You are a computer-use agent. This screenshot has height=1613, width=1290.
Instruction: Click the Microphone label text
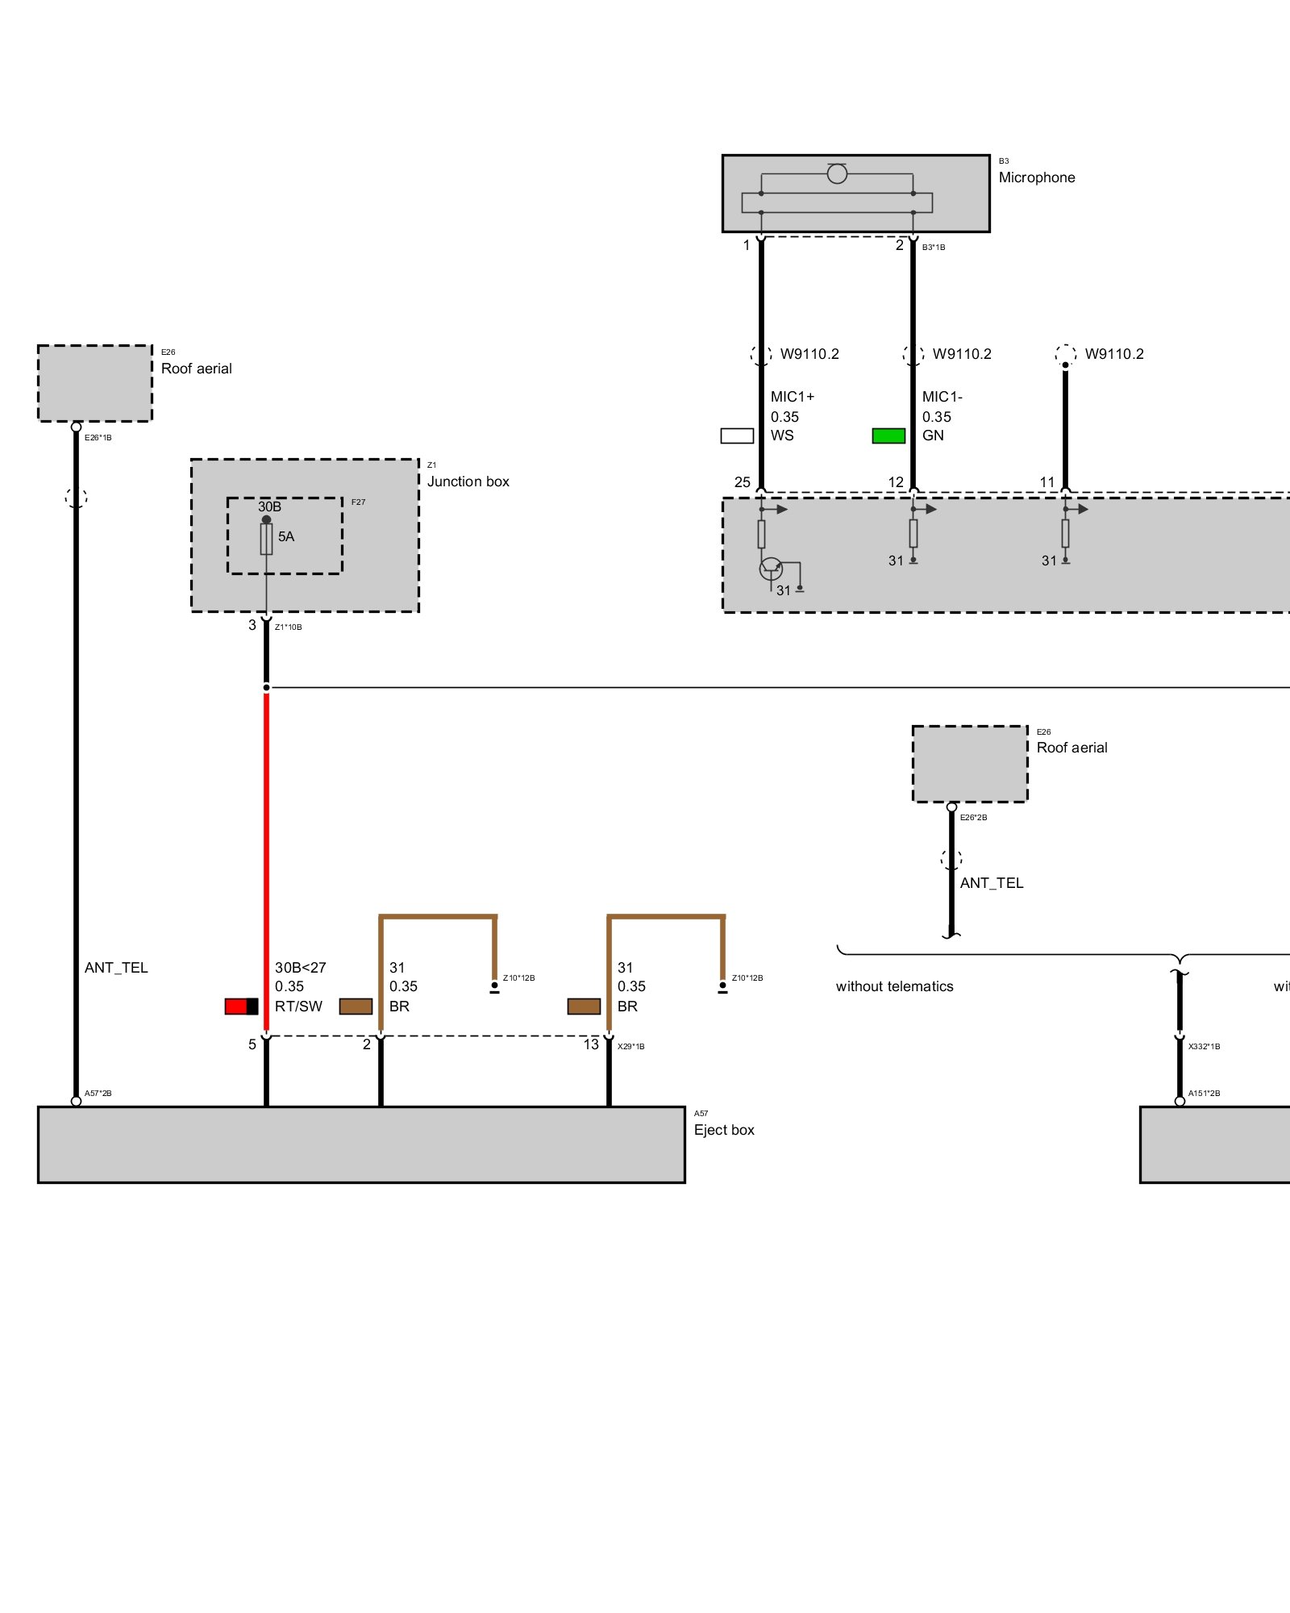(1036, 177)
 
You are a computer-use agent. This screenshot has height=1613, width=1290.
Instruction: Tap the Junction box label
(468, 481)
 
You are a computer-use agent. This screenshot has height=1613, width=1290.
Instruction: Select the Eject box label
(723, 1130)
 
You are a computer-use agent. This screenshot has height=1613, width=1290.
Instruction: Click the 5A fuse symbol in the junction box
(266, 539)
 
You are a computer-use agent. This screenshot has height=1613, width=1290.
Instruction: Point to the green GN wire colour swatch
(888, 436)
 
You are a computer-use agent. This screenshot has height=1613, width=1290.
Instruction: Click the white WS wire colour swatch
(737, 436)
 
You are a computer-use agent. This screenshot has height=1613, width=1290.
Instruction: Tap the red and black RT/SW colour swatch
(241, 1007)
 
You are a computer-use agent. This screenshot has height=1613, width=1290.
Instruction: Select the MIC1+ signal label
(792, 397)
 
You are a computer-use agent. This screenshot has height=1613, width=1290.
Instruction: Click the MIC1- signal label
(942, 397)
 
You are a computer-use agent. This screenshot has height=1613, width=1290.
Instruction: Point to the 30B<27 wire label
(300, 968)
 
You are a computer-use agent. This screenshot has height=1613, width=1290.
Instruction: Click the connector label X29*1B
(630, 1047)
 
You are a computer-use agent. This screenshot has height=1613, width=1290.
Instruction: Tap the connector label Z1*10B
(288, 627)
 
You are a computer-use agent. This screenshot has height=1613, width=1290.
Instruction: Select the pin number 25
(742, 482)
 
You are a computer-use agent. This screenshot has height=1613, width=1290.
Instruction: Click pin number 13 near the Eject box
(591, 1044)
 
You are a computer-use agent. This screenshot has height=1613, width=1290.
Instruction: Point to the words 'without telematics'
(894, 986)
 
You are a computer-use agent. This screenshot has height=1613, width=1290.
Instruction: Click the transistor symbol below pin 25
(771, 569)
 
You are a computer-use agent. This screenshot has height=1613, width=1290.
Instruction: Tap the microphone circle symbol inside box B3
(837, 173)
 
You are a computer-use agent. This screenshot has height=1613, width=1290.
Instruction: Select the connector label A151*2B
(1204, 1094)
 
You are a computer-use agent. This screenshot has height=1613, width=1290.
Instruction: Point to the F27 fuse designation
(358, 502)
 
